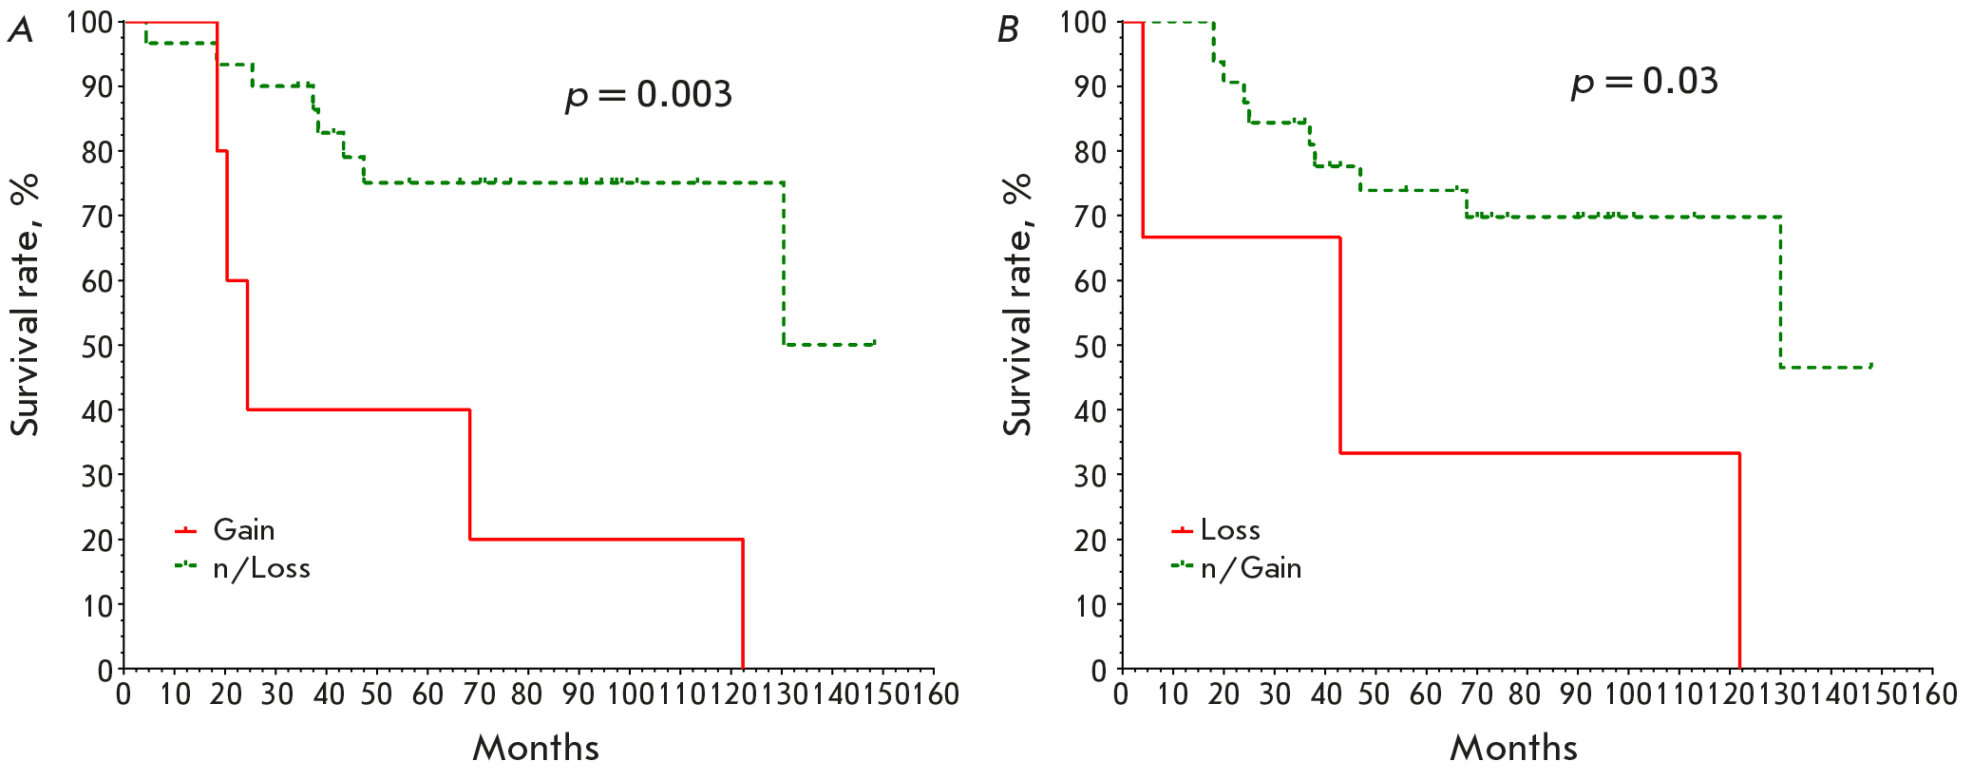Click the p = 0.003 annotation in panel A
(x=649, y=95)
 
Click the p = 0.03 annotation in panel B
(x=1644, y=82)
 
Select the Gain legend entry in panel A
(x=243, y=530)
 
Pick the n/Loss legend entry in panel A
(x=261, y=568)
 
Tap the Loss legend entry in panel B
(x=1230, y=530)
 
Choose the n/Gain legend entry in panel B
(x=1251, y=568)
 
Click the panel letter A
(x=20, y=30)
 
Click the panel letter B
(x=1008, y=30)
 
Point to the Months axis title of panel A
(x=536, y=748)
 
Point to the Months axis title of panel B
(x=1513, y=748)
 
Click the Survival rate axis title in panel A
(x=26, y=304)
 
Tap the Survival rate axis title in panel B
(x=1017, y=304)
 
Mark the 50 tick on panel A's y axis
(x=97, y=346)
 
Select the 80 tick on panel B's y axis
(x=1091, y=151)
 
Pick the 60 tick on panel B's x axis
(x=1426, y=694)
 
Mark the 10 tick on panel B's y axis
(x=1091, y=605)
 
